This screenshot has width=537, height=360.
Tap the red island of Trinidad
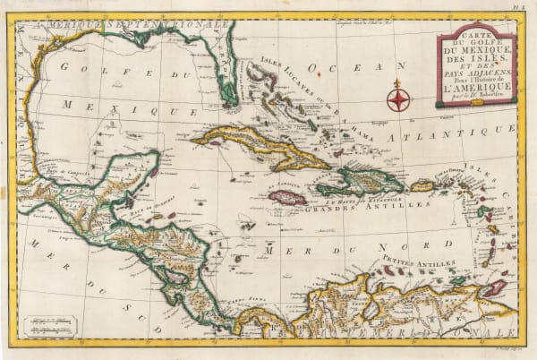[x=493, y=287]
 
